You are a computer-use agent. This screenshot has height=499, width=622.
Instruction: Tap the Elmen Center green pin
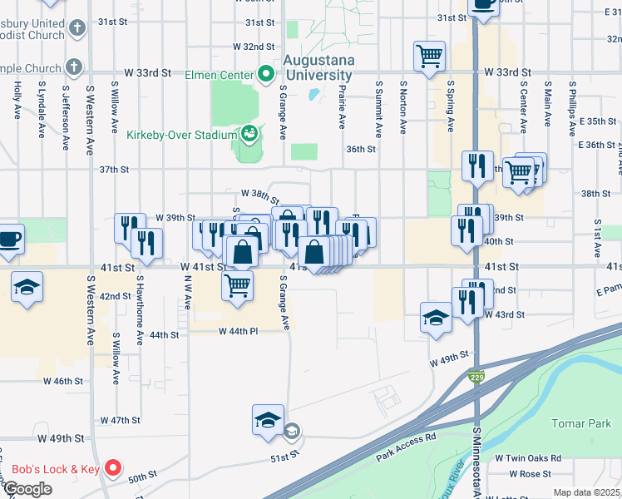coord(267,74)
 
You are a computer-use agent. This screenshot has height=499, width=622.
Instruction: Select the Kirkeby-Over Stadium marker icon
coord(249,134)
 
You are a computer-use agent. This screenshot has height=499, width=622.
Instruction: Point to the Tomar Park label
coord(582,423)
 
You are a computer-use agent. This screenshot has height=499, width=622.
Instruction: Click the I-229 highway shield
coord(475,377)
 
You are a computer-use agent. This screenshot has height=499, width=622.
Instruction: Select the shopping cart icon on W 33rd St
coord(428,57)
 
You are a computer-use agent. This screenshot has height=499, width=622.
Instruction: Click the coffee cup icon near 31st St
coord(483,4)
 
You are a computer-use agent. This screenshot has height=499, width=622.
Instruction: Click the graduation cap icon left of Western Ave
coord(27,287)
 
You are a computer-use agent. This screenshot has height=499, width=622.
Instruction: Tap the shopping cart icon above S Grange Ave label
coord(238,285)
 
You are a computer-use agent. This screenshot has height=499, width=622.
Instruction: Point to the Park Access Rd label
coord(406,447)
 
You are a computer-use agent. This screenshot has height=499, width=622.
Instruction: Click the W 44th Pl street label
coord(239,331)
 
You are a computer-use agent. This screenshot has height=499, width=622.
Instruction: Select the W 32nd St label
coord(254,47)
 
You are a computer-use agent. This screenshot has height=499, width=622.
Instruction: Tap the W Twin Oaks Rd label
coord(528,458)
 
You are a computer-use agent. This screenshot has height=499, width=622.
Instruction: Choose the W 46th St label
coord(63,380)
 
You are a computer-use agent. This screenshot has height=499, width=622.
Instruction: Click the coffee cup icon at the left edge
coord(9,239)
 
